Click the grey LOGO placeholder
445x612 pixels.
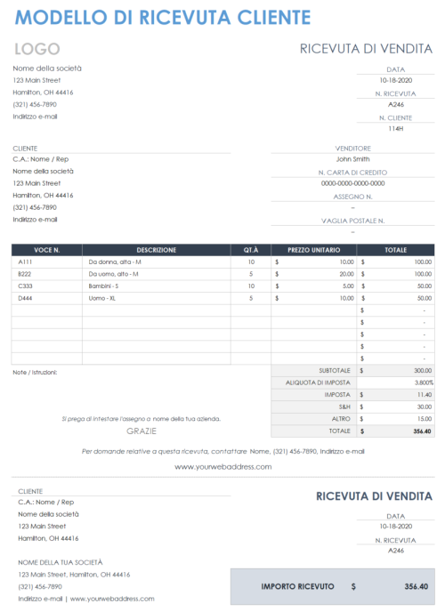(36, 49)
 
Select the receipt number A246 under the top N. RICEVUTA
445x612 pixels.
(396, 104)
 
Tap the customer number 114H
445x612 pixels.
(396, 128)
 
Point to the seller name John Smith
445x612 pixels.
(352, 159)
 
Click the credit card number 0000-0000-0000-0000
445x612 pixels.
(352, 183)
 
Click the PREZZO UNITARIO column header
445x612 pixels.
(314, 250)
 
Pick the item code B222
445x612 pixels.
(24, 274)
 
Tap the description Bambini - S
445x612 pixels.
(104, 286)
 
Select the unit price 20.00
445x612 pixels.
(346, 274)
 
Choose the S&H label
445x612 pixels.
(344, 407)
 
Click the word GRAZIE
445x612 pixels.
(142, 431)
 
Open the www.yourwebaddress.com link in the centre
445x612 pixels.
(222, 467)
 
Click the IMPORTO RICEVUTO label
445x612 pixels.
(297, 587)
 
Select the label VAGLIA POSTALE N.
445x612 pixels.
(352, 220)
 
